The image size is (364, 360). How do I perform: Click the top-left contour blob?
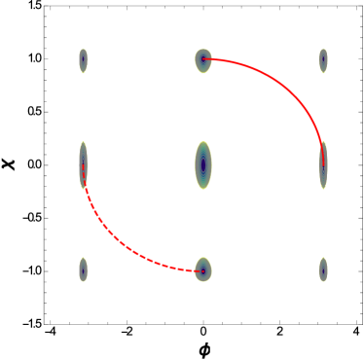coord(84,60)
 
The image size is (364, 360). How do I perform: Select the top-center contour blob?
coord(203,60)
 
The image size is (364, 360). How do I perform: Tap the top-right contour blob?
coord(323,60)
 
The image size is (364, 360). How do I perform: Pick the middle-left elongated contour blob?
coord(84,165)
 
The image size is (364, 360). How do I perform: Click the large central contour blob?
coord(203,165)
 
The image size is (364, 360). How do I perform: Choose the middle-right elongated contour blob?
coord(323,165)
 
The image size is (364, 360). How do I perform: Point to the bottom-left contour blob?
coord(84,270)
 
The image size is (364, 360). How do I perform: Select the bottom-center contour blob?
coord(203,270)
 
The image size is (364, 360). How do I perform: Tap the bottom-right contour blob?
coord(323,270)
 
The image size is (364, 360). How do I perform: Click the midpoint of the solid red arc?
coord(288,93)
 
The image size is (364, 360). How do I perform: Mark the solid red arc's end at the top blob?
coord(203,60)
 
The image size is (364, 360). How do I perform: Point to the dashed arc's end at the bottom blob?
coord(203,270)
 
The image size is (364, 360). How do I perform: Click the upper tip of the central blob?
coord(203,141)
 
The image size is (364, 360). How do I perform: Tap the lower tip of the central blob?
coord(203,190)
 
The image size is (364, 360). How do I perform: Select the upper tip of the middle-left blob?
coord(84,142)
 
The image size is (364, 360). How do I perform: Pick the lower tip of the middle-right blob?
coord(323,189)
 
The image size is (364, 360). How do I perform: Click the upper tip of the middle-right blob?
coord(323,142)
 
